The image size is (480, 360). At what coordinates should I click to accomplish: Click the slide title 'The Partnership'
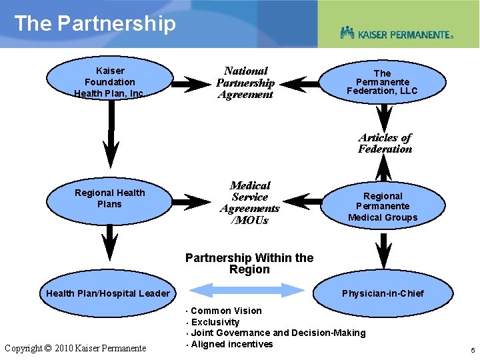[x=95, y=23]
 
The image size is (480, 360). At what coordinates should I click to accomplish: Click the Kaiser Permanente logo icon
[x=347, y=32]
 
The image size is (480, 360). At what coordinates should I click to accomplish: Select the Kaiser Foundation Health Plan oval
[x=109, y=82]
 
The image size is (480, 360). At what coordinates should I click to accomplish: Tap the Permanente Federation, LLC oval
[x=382, y=82]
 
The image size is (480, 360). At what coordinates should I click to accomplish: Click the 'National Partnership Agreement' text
[x=245, y=83]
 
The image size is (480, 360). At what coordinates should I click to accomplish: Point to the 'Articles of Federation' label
[x=385, y=143]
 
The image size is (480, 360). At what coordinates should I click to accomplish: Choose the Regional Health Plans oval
[x=109, y=199]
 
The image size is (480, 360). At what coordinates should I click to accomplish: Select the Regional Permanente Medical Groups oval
[x=382, y=206]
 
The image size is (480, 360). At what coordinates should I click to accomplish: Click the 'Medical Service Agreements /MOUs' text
[x=249, y=203]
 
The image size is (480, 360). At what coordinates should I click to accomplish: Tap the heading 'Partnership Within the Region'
[x=249, y=263]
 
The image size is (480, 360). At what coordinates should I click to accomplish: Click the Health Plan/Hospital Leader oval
[x=108, y=293]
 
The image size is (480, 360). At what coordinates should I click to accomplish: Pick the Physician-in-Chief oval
[x=383, y=293]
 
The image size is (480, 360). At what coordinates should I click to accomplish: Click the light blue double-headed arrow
[x=247, y=289]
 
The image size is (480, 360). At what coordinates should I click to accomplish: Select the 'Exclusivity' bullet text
[x=215, y=322]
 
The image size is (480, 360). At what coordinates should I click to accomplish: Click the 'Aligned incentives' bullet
[x=231, y=344]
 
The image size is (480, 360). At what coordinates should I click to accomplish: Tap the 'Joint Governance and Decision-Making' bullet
[x=278, y=333]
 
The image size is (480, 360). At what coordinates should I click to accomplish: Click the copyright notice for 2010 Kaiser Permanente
[x=75, y=348]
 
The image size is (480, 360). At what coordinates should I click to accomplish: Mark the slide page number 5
[x=471, y=350]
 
